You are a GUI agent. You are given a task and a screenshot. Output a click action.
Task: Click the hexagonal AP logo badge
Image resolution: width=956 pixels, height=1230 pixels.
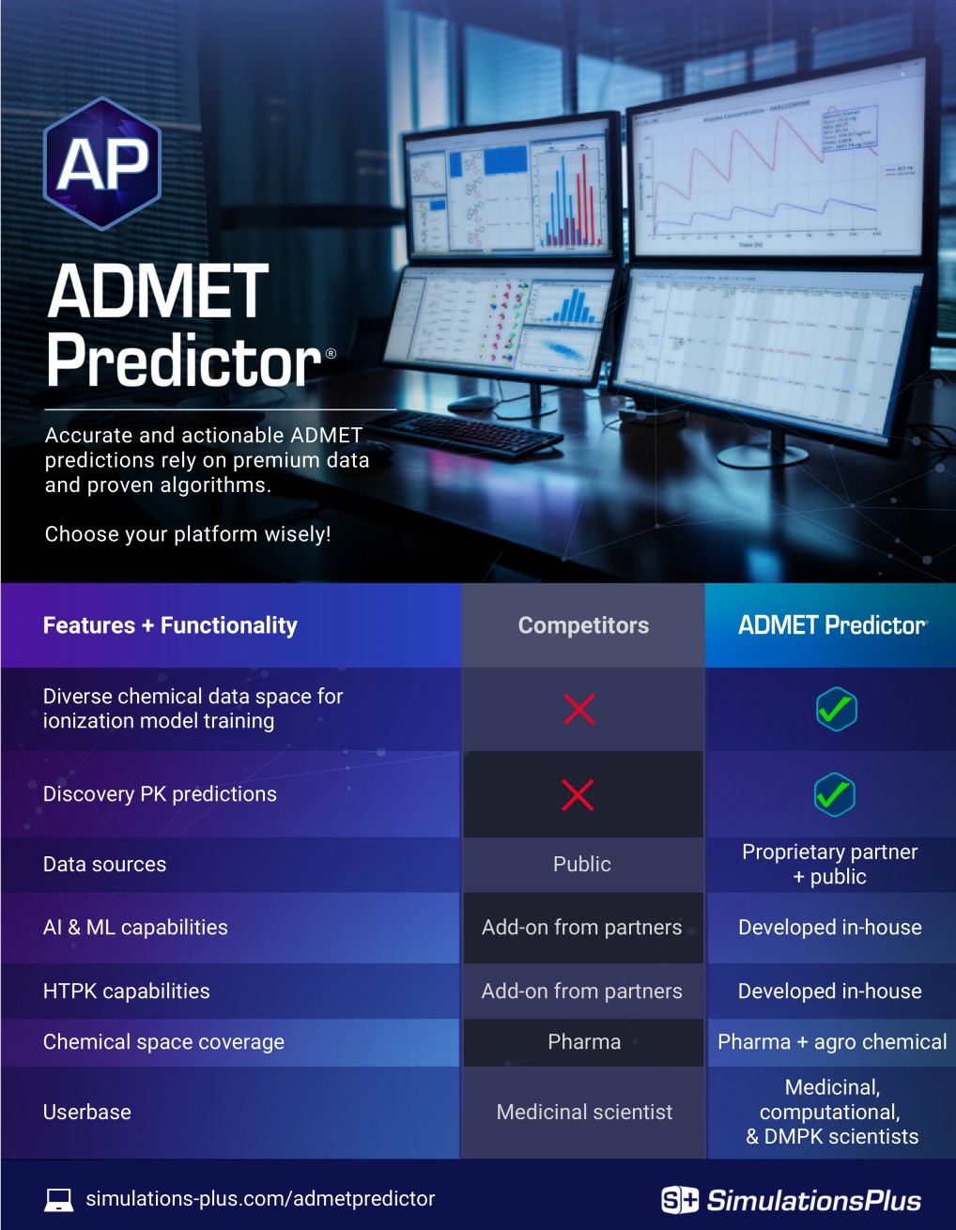click(x=102, y=164)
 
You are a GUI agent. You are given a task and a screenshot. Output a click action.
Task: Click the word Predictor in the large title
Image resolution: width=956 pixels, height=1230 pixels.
click(x=184, y=361)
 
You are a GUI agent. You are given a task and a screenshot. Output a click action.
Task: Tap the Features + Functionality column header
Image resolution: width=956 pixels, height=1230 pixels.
click(x=170, y=625)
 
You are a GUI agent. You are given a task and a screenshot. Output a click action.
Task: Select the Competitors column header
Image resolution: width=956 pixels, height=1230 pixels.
click(x=583, y=625)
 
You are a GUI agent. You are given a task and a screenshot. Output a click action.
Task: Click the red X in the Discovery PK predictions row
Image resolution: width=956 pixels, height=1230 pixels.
click(x=578, y=795)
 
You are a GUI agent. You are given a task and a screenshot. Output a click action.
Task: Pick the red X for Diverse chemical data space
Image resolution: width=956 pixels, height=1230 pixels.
click(x=579, y=709)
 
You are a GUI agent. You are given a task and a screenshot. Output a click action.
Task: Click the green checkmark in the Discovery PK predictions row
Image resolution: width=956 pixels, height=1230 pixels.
click(x=834, y=795)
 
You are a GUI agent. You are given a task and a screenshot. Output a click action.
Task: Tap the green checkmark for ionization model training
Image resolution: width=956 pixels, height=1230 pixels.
click(x=836, y=709)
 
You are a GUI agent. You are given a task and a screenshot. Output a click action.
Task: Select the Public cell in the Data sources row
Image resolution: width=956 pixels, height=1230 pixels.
click(x=582, y=864)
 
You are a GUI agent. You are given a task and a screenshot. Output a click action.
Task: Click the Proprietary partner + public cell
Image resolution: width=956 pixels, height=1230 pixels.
click(x=830, y=864)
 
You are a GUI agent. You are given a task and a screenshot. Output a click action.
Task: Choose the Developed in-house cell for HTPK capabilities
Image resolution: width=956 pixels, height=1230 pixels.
click(x=830, y=991)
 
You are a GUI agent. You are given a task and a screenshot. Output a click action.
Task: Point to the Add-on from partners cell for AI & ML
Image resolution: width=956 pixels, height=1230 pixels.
click(x=582, y=927)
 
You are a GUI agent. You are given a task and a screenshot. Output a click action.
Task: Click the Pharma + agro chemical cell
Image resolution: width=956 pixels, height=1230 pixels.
click(x=832, y=1041)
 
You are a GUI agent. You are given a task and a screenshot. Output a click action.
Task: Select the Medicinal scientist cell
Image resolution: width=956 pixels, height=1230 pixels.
click(x=584, y=1112)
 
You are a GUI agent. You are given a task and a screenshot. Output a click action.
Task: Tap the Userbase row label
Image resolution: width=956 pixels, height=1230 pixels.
click(x=87, y=1112)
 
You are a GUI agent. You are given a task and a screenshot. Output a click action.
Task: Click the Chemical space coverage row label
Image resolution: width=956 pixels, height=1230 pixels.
click(x=163, y=1041)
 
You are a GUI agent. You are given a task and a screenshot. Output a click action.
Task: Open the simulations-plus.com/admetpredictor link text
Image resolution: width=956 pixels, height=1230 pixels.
click(x=260, y=1198)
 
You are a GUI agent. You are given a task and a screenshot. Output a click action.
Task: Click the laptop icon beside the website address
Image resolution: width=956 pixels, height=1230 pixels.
click(x=59, y=1199)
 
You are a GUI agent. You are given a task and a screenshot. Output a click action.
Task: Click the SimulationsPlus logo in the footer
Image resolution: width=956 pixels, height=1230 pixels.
click(x=791, y=1200)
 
